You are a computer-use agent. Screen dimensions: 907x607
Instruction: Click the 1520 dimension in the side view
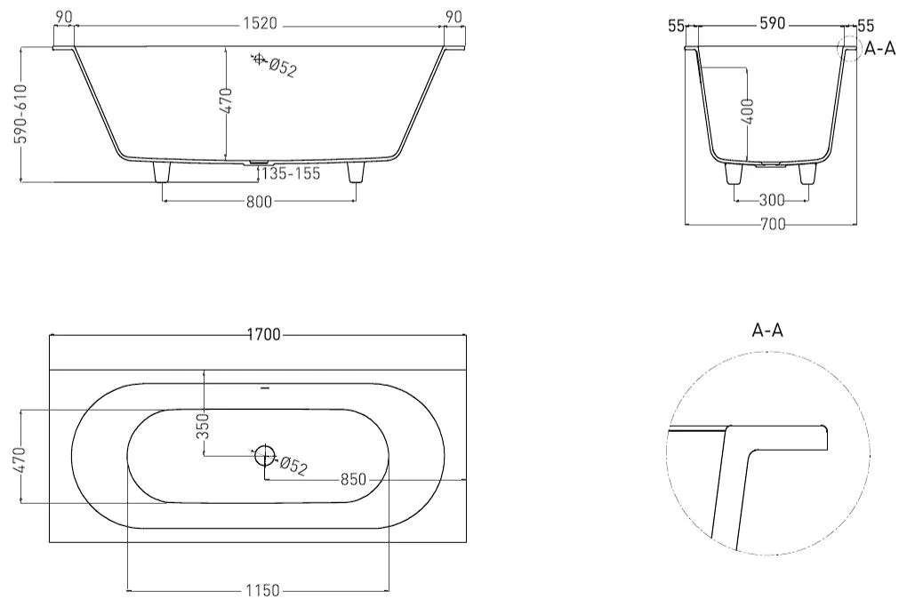[x=260, y=24]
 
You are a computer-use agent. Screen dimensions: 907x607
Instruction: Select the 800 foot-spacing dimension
[x=259, y=201]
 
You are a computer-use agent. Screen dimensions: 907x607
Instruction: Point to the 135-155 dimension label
[x=291, y=173]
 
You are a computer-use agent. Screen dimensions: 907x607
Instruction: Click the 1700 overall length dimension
[x=264, y=335]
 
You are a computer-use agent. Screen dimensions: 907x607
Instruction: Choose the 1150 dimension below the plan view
[x=262, y=591]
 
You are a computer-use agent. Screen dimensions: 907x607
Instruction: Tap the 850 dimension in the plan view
[x=353, y=479]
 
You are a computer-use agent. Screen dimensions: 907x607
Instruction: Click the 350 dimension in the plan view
[x=203, y=426]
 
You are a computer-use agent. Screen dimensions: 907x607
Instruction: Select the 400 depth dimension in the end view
[x=747, y=112]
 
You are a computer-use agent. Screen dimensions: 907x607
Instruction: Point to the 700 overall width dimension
[x=773, y=224]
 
